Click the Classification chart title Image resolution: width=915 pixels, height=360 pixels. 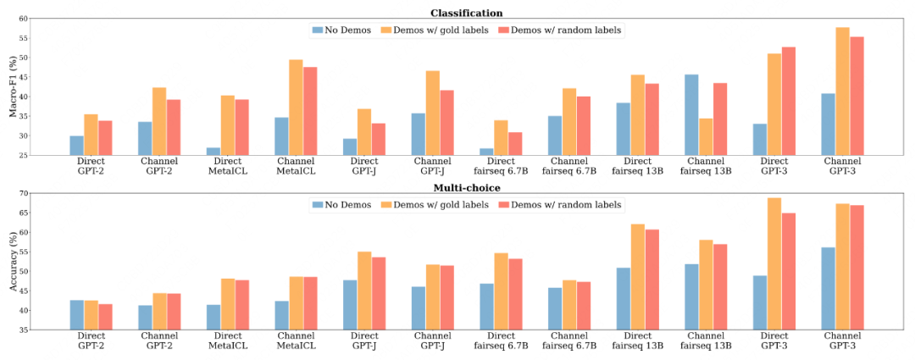tap(466, 13)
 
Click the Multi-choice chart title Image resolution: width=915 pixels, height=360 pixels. tap(465, 187)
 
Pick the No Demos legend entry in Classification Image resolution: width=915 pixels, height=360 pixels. tap(341, 30)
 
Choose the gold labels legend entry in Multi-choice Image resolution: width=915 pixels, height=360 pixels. tap(435, 204)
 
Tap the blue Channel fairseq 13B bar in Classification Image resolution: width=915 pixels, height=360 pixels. tap(692, 115)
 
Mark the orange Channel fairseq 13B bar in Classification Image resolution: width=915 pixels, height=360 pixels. tap(706, 136)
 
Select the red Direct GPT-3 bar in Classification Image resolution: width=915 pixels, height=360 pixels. tap(788, 101)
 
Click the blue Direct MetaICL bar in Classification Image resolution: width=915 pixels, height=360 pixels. tap(213, 152)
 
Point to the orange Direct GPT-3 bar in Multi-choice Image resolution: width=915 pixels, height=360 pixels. tap(774, 263)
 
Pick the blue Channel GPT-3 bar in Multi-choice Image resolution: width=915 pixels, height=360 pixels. tap(829, 288)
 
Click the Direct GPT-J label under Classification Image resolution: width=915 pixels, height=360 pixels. tap(364, 165)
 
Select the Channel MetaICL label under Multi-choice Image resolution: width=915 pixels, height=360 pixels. tap(297, 340)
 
